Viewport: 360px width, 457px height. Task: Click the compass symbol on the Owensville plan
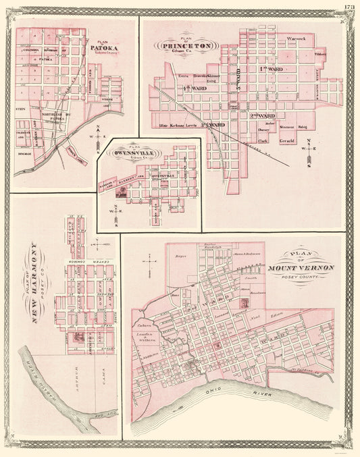click(115, 208)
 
